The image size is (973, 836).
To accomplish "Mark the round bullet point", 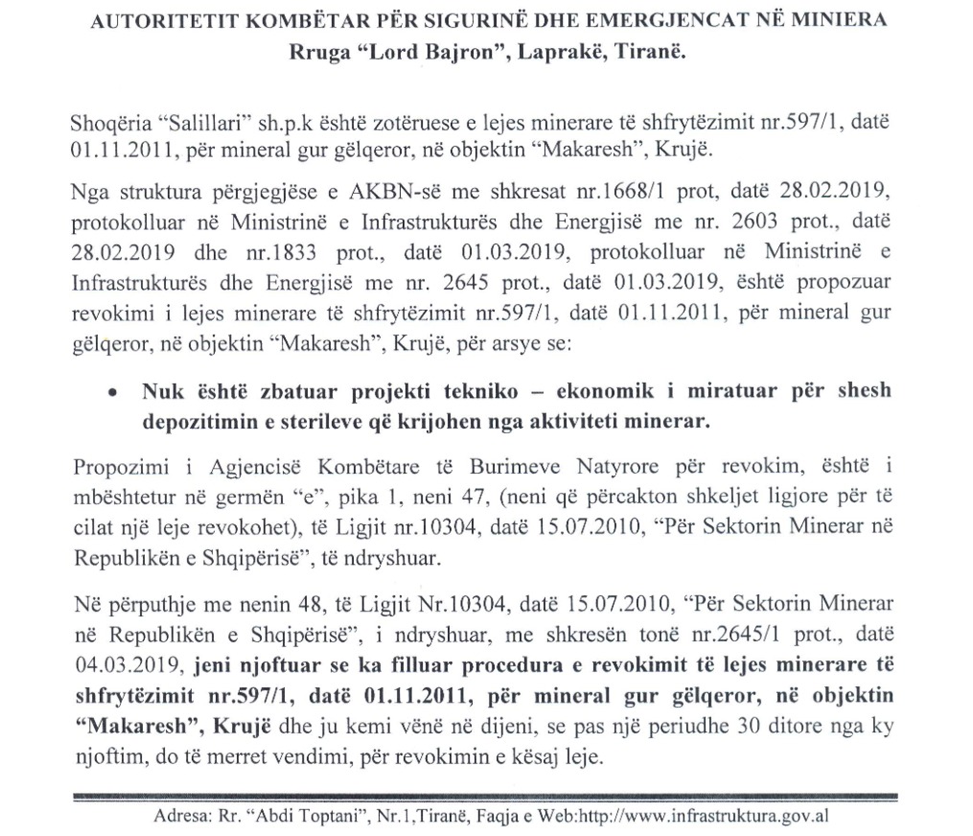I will (114, 393).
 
